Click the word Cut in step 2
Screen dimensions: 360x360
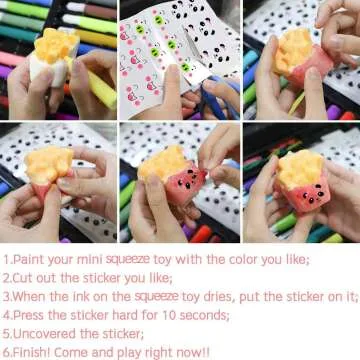coord(23,278)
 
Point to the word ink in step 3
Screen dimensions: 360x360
coord(85,296)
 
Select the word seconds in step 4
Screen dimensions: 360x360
coord(203,315)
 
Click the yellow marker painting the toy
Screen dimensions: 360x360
coord(95,80)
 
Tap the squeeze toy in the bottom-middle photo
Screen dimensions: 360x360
coord(175,170)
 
